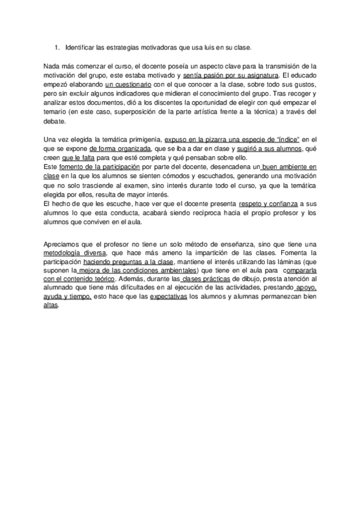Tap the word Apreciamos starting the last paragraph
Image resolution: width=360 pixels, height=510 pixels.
(63, 244)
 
